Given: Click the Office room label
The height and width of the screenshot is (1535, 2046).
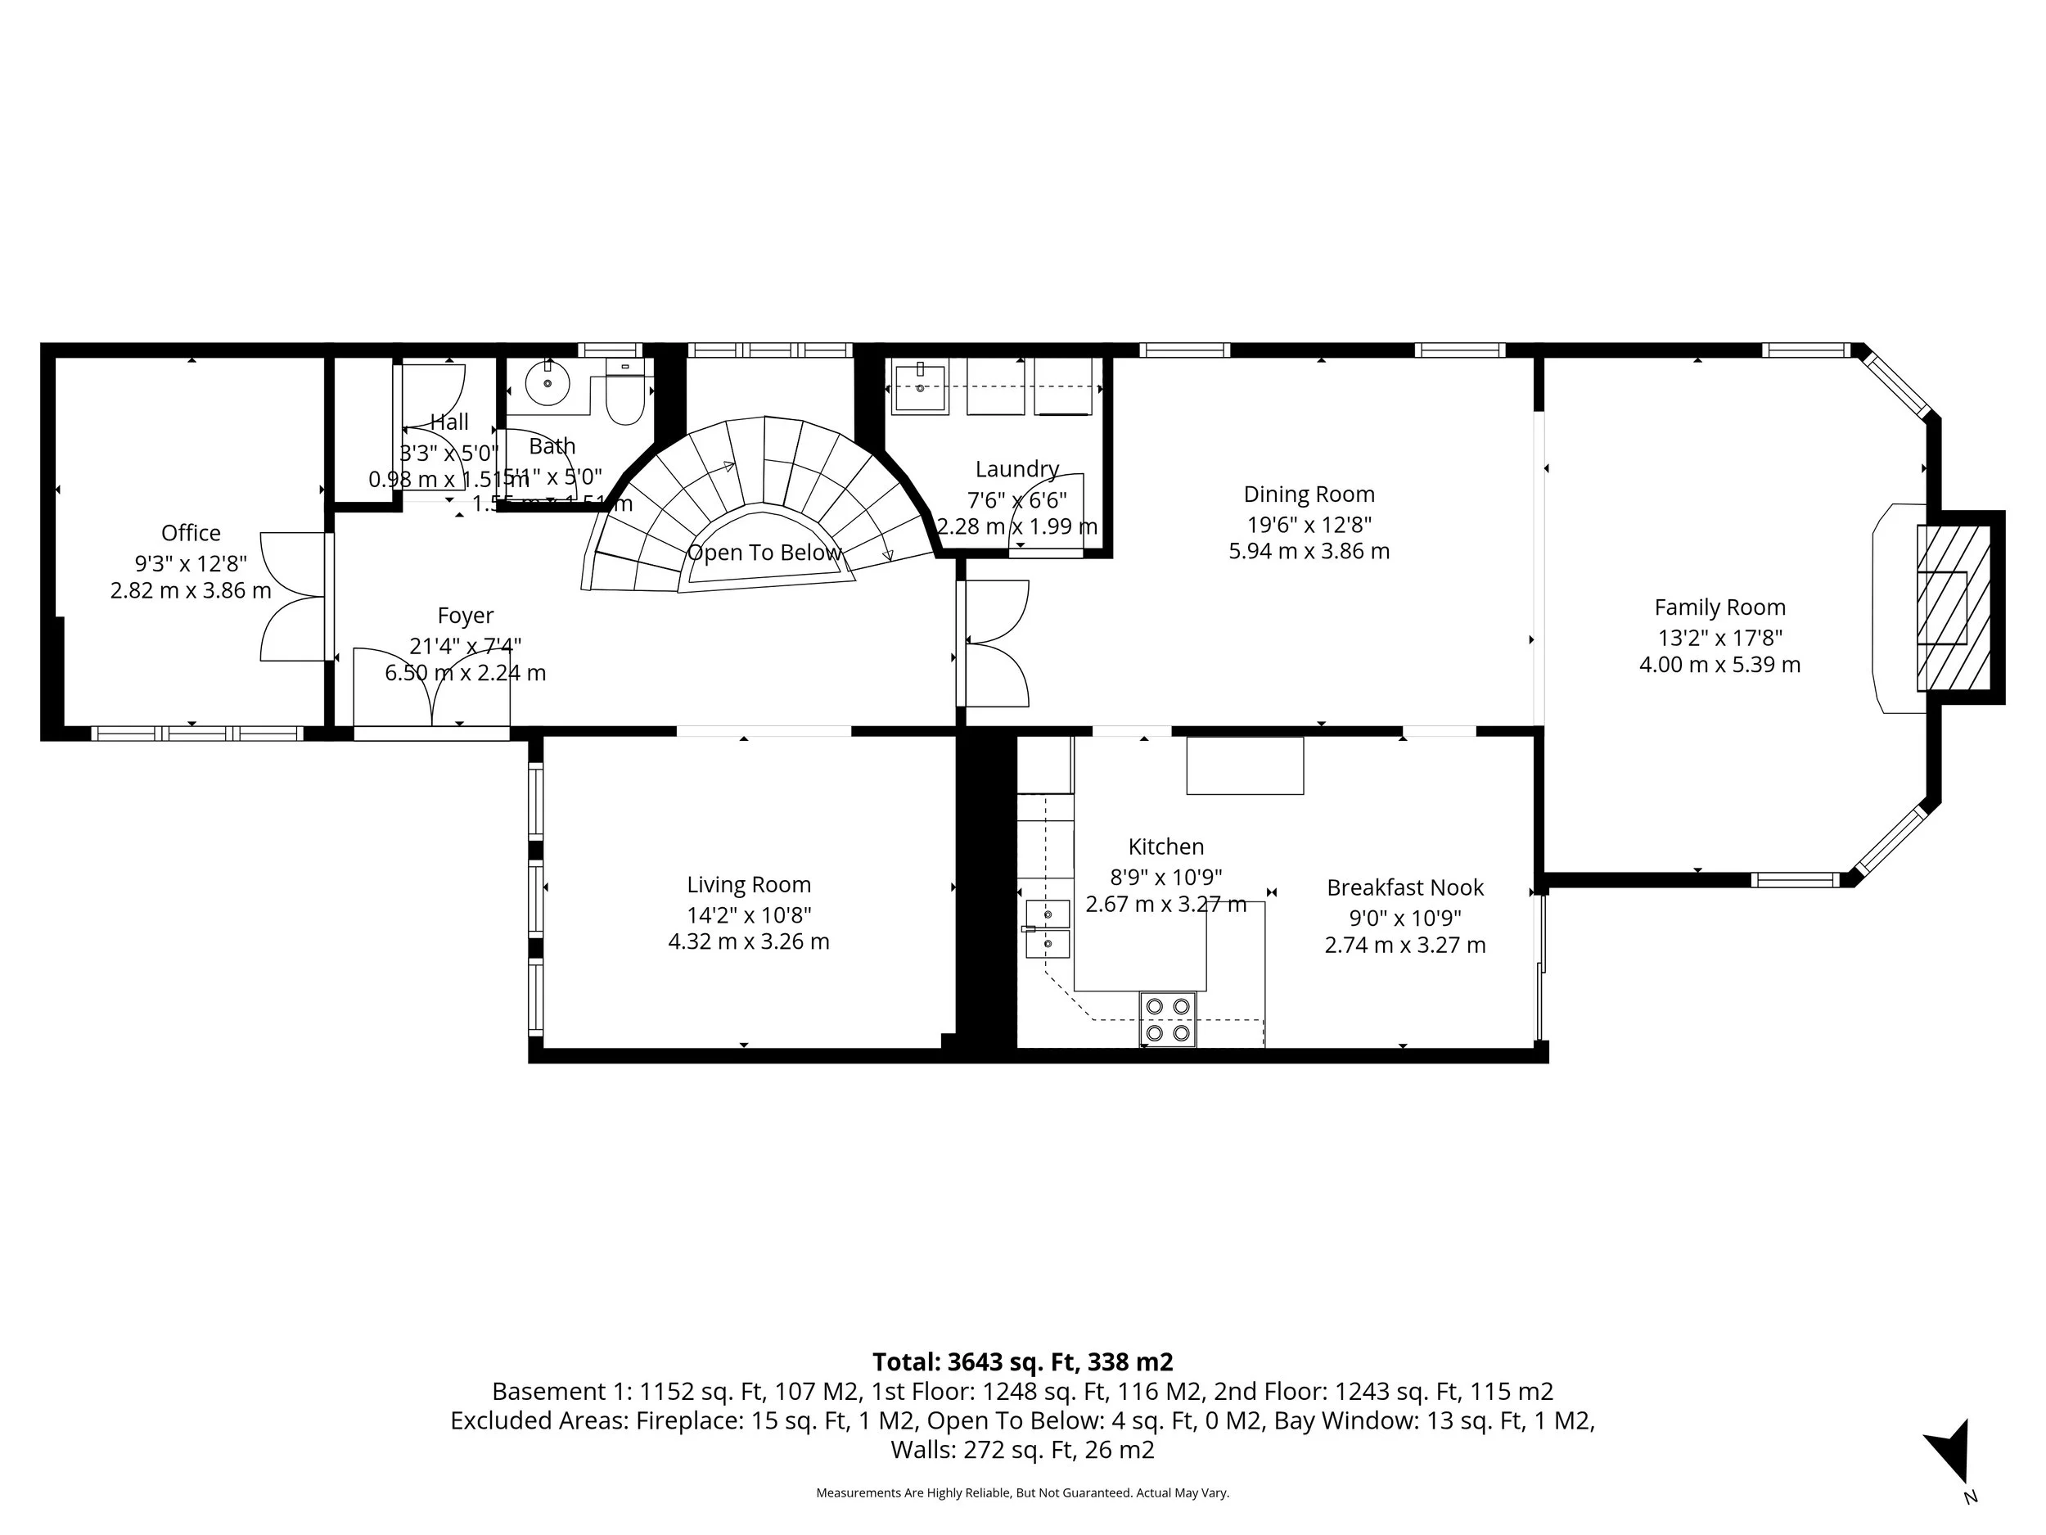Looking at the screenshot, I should (191, 533).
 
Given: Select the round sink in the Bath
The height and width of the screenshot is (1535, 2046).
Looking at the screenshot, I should (548, 383).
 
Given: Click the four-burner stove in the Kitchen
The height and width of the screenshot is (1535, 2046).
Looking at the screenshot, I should (1167, 1018).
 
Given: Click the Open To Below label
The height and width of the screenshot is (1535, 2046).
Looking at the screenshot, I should (764, 553).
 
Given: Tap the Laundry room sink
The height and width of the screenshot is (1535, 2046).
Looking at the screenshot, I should (919, 389).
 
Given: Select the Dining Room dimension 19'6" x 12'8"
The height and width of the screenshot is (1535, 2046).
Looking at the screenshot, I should (1309, 525).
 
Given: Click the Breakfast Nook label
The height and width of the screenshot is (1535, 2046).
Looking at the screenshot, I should (1404, 887).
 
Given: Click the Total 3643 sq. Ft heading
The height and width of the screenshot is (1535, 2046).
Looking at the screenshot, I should (1022, 1362).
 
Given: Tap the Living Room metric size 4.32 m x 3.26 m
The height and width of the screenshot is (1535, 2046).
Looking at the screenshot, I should (748, 942).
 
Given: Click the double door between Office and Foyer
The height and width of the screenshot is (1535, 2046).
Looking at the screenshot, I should (294, 597).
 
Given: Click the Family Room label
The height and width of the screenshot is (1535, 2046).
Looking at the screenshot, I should (1719, 608).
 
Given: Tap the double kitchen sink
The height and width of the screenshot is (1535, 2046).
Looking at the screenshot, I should (1048, 929).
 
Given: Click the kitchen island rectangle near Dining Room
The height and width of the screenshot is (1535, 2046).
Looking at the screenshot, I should (1244, 765).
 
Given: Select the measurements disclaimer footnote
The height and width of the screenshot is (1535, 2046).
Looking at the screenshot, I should (1022, 1492).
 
